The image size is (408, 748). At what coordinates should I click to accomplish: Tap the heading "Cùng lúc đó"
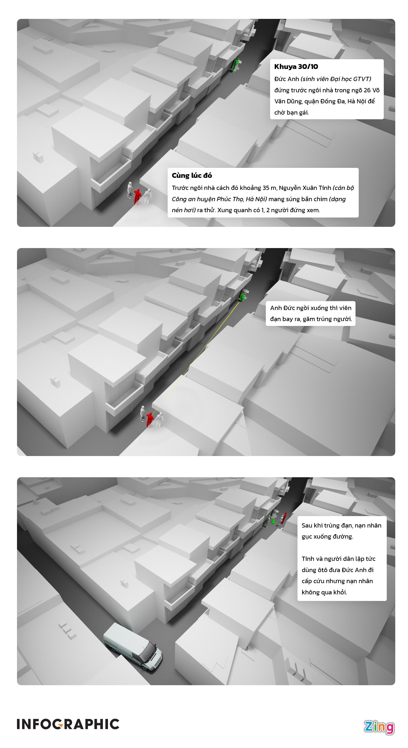(192, 175)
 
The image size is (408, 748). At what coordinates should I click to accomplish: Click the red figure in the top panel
(137, 196)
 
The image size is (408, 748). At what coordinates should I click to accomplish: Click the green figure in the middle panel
(242, 297)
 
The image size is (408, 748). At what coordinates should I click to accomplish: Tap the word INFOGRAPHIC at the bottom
(68, 724)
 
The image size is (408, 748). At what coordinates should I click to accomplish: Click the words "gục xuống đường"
(327, 537)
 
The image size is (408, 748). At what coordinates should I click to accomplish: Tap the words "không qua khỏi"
(324, 592)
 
